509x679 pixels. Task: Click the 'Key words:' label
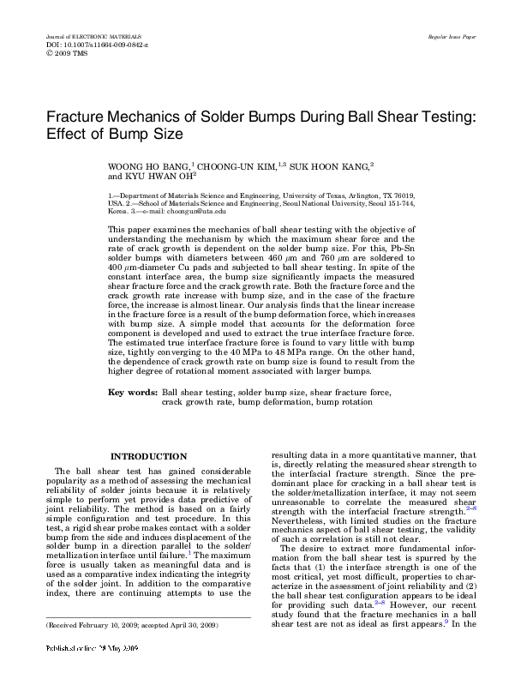coord(132,393)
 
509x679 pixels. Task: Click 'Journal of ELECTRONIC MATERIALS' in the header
coord(87,38)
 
